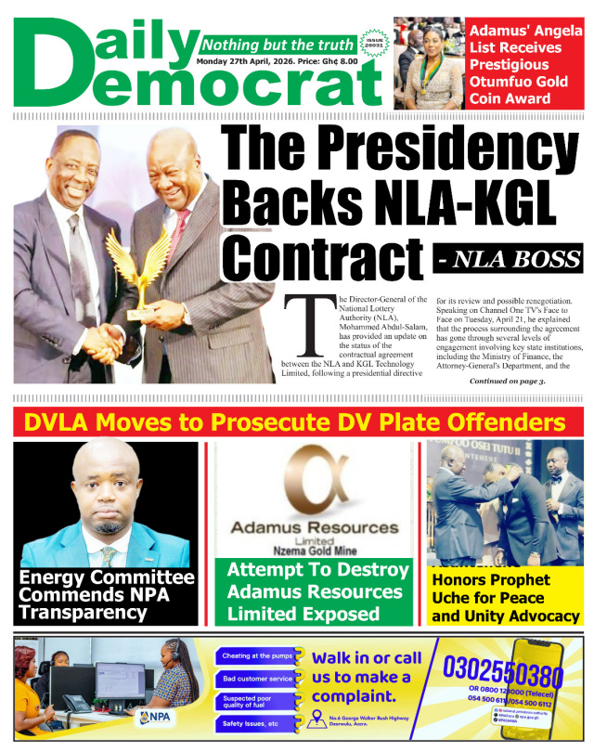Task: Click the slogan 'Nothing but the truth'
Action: tap(278, 45)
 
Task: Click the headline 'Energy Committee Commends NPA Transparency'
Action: tap(106, 594)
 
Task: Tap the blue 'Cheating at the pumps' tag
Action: tap(257, 656)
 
